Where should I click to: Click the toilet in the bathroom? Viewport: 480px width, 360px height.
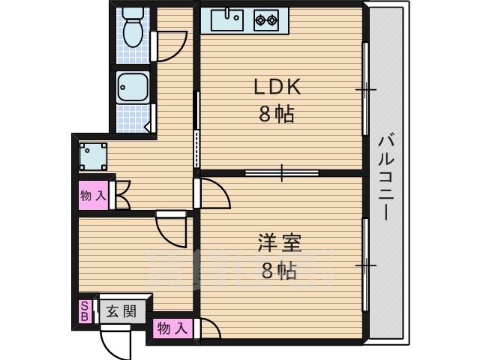(133, 27)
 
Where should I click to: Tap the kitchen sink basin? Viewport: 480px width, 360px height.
(227, 19)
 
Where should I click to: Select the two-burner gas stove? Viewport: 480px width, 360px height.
(266, 20)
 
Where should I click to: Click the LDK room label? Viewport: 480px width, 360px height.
(277, 87)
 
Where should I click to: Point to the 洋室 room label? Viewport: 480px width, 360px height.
(280, 243)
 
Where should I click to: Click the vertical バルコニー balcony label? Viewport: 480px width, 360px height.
(386, 177)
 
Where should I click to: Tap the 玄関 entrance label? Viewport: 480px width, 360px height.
(121, 312)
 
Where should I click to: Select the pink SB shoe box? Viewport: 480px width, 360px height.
(85, 311)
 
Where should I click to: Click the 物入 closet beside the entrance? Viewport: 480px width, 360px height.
(172, 328)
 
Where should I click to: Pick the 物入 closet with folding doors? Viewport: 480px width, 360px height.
(94, 195)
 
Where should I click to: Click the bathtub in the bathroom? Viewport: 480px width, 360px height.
(133, 87)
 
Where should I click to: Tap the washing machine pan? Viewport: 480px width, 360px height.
(93, 157)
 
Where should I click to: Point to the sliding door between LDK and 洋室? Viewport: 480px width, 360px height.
(282, 173)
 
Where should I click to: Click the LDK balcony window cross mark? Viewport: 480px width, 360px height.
(365, 89)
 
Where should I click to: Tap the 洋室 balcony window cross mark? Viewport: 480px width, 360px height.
(365, 265)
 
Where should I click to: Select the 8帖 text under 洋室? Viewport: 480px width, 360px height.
(279, 270)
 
